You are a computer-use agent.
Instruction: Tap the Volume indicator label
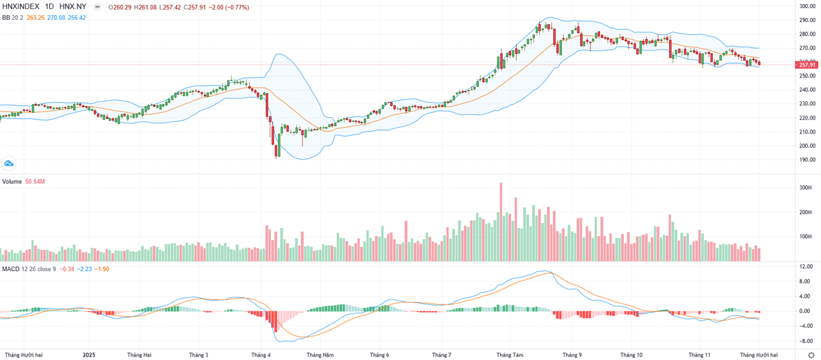click(12, 181)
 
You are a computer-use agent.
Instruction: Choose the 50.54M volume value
click(35, 181)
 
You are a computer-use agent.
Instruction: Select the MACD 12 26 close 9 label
click(27, 268)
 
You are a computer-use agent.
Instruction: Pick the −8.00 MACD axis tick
click(805, 340)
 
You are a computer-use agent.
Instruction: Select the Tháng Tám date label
click(510, 355)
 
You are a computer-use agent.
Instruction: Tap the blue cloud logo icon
click(8, 163)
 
